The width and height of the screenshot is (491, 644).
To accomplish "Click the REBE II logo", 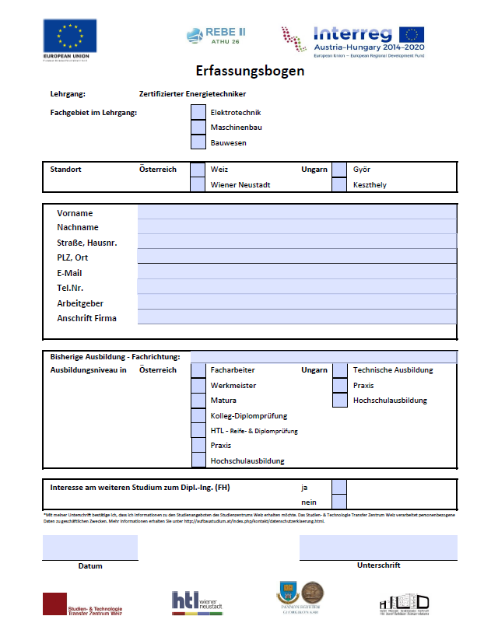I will pos(216,35).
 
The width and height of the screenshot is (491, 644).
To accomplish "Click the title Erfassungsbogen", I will pos(250,71).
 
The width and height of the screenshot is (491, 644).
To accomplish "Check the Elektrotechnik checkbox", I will pos(198,112).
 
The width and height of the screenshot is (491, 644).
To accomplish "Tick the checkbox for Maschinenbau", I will pos(198,127).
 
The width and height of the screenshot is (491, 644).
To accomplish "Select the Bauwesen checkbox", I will pos(198,142).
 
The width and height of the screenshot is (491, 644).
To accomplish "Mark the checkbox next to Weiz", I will pos(198,170).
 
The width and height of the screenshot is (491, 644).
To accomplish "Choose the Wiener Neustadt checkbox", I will pos(198,184).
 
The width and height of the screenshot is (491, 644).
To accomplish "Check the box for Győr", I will pos(339,170).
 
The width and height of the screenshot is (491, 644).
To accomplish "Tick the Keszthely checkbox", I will pos(339,184).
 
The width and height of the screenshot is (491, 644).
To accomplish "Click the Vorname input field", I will pos(296,212).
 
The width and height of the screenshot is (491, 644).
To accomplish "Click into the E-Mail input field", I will pos(296,272).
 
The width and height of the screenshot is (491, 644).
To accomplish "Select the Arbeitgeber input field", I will pos(296,303).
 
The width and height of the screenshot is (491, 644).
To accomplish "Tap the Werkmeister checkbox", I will pos(198,385).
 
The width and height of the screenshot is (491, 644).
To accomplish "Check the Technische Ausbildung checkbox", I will pos(339,370).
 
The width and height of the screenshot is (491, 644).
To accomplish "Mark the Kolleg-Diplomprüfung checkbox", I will pos(198,415).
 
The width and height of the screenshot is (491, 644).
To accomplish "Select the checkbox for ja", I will pos(339,487).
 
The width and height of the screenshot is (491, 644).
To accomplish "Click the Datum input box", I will pos(89,548).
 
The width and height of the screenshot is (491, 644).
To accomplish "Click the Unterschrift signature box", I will pos(378,548).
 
